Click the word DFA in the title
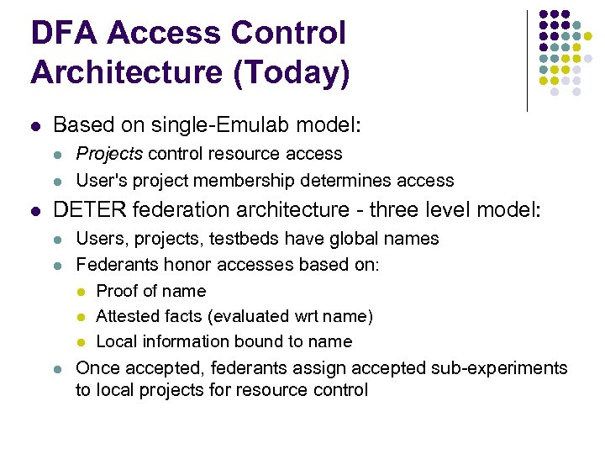[x=64, y=34]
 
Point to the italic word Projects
[x=107, y=154]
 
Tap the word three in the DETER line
[x=362, y=209]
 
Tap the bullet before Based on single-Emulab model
[x=34, y=127]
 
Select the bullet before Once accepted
[x=58, y=369]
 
